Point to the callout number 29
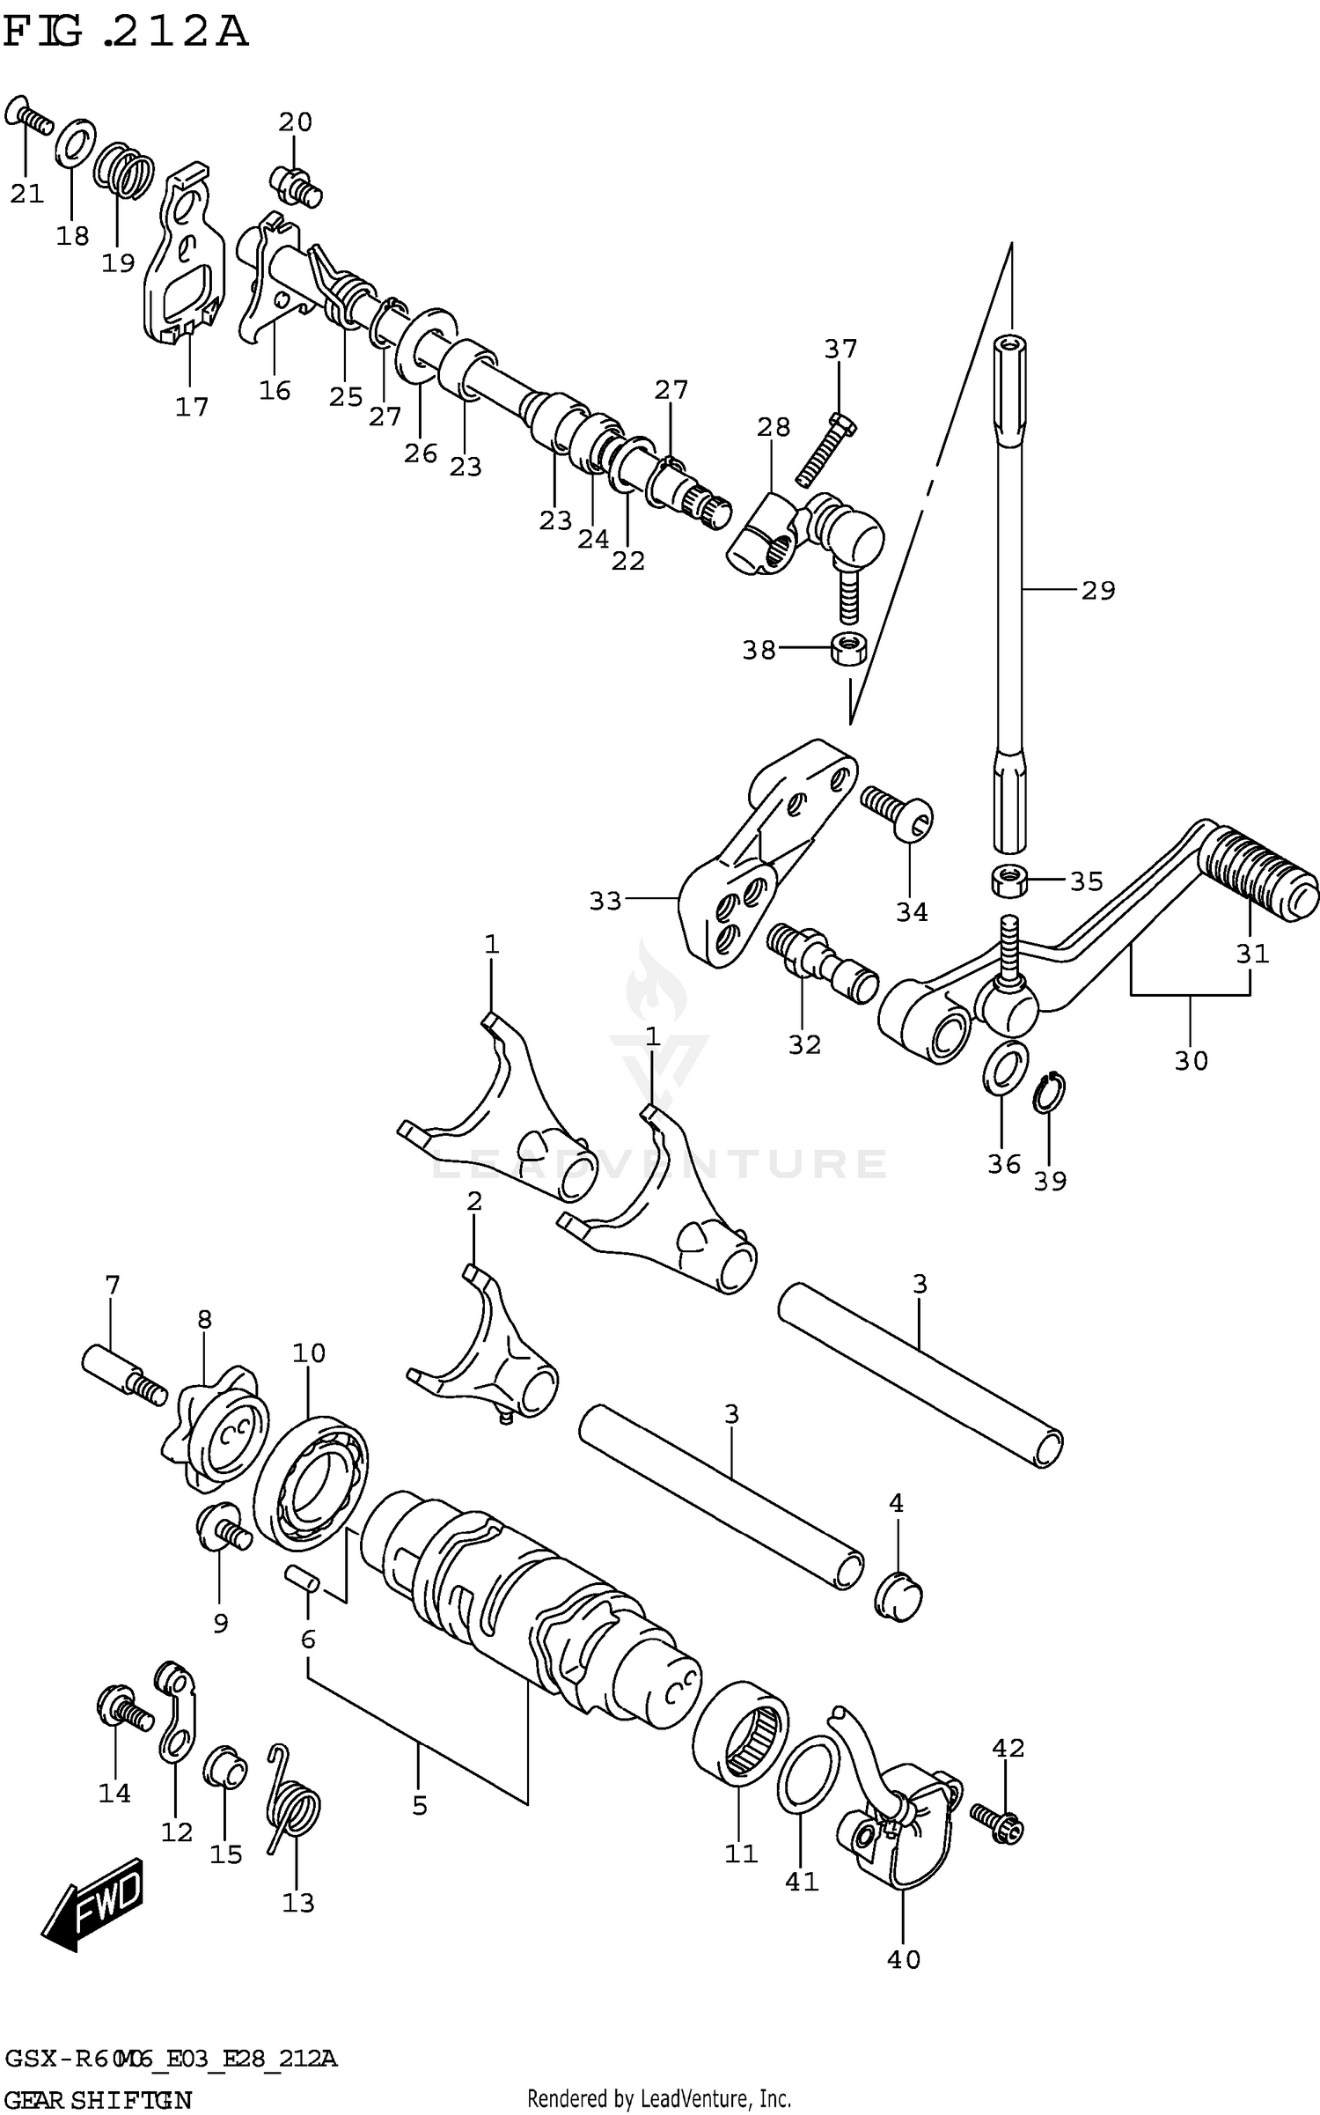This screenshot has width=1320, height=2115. pyautogui.click(x=1097, y=590)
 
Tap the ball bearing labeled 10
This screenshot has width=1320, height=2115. pyautogui.click(x=311, y=1484)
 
